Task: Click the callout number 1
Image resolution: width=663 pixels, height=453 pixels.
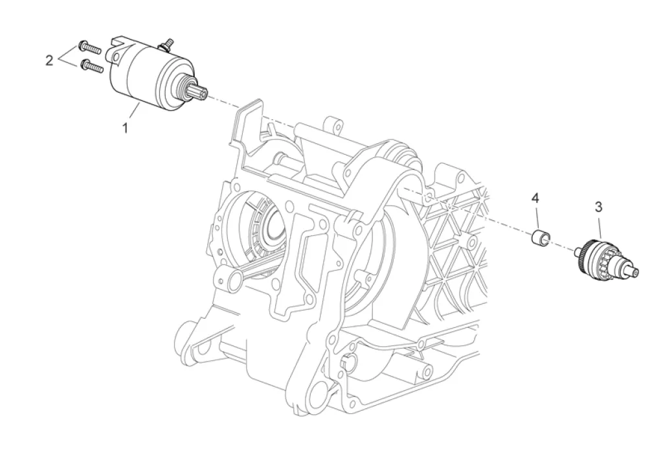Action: pos(125,128)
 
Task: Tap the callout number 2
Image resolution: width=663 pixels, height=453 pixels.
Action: pos(49,60)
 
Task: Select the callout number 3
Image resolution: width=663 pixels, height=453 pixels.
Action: pos(599,207)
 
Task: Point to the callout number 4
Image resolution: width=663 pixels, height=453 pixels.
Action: pos(535,197)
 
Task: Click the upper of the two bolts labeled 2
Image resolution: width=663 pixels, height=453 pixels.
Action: pos(89,47)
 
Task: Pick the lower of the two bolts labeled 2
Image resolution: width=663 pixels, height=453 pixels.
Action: pos(92,67)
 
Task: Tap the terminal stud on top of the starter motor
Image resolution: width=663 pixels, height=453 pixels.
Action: pos(167,44)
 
